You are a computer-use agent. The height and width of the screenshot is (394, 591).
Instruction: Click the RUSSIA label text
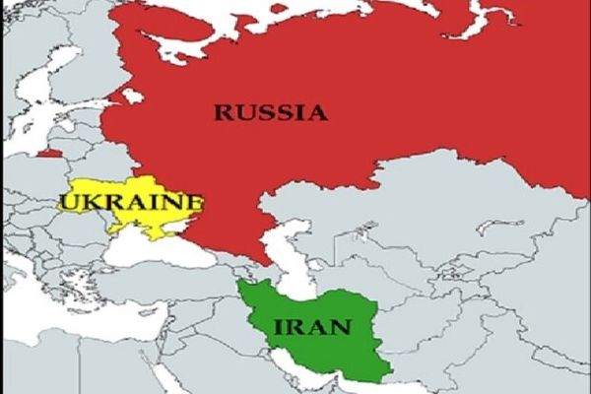[271, 112]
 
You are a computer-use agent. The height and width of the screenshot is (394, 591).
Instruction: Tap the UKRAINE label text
[130, 204]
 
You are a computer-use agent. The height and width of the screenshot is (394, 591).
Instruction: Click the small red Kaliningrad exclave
[49, 153]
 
